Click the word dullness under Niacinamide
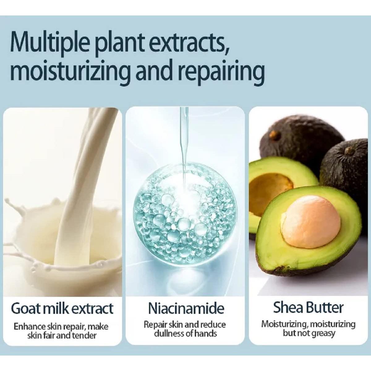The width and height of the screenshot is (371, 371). (169, 334)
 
